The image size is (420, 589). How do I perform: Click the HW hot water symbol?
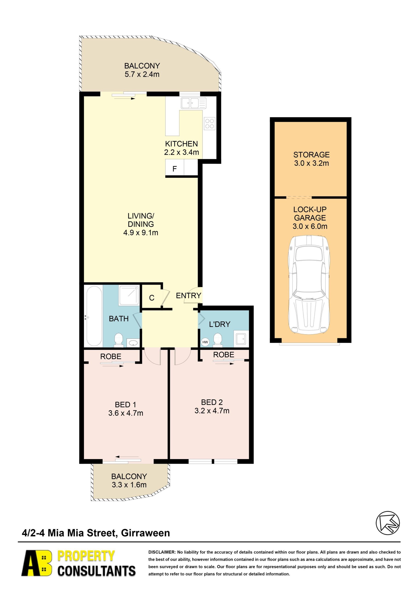205,342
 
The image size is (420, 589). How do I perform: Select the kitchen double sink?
193,103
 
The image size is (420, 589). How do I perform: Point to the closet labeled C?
152,298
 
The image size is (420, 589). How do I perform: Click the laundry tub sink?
241,339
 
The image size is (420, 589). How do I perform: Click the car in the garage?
309,284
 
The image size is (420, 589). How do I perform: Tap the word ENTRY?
189,295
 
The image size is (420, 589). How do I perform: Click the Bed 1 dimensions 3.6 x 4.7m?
126,413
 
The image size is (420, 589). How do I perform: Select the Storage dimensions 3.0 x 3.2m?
311,163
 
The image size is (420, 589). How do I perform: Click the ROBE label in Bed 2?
224,355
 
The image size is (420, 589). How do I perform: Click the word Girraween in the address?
146,533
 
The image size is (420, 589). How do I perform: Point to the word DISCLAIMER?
162,552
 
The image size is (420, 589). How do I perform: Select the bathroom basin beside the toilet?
133,343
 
